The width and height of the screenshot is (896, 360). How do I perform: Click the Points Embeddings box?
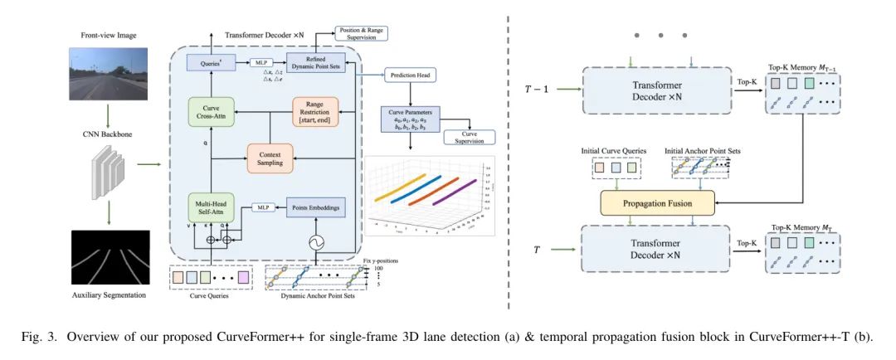pyautogui.click(x=314, y=207)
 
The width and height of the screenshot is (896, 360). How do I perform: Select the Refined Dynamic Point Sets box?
pyautogui.click(x=314, y=61)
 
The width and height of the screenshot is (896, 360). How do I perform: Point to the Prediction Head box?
pyautogui.click(x=411, y=75)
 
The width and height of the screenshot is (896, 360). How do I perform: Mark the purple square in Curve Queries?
pyautogui.click(x=243, y=275)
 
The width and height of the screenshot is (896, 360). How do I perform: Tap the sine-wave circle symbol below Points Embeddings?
pyautogui.click(x=315, y=243)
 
